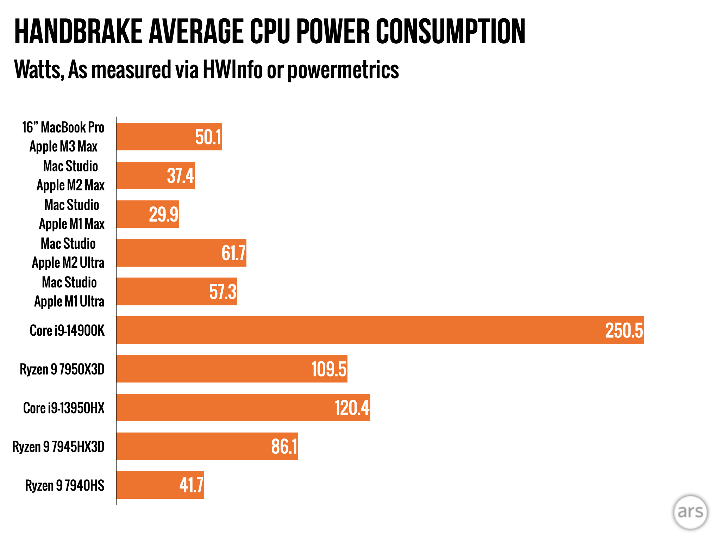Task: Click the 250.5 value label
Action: coord(624,330)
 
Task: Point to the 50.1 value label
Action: coord(208,137)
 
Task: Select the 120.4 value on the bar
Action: coord(352,408)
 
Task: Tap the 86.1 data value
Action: coord(284,447)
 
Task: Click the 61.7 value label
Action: coord(233,253)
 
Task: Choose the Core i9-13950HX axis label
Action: coord(64,408)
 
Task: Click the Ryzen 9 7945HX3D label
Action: coord(58,447)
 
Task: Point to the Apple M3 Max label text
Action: coord(63,147)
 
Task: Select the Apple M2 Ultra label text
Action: coord(68,263)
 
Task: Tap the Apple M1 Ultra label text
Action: coord(69,301)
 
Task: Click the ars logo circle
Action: coord(690,512)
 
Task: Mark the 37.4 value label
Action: coord(180,176)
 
